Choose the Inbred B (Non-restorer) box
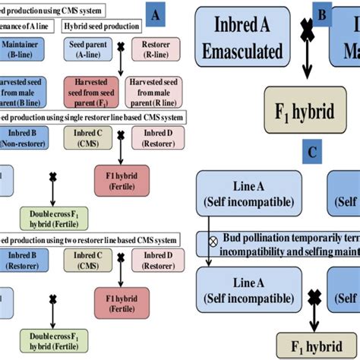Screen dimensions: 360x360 pos(24,137)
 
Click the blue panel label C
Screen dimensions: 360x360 pos(311,150)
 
